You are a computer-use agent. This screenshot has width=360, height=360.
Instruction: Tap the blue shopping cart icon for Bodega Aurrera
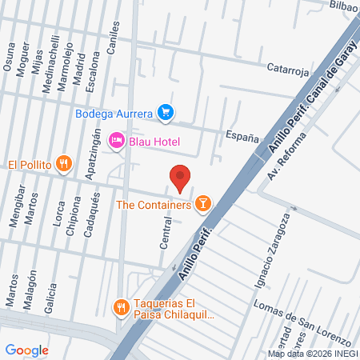click(166, 113)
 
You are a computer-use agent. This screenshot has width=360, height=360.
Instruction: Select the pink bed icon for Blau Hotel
click(117, 142)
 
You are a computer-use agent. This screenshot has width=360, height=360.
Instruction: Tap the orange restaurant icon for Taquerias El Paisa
click(121, 306)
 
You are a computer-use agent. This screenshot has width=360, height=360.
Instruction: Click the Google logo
click(26, 350)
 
